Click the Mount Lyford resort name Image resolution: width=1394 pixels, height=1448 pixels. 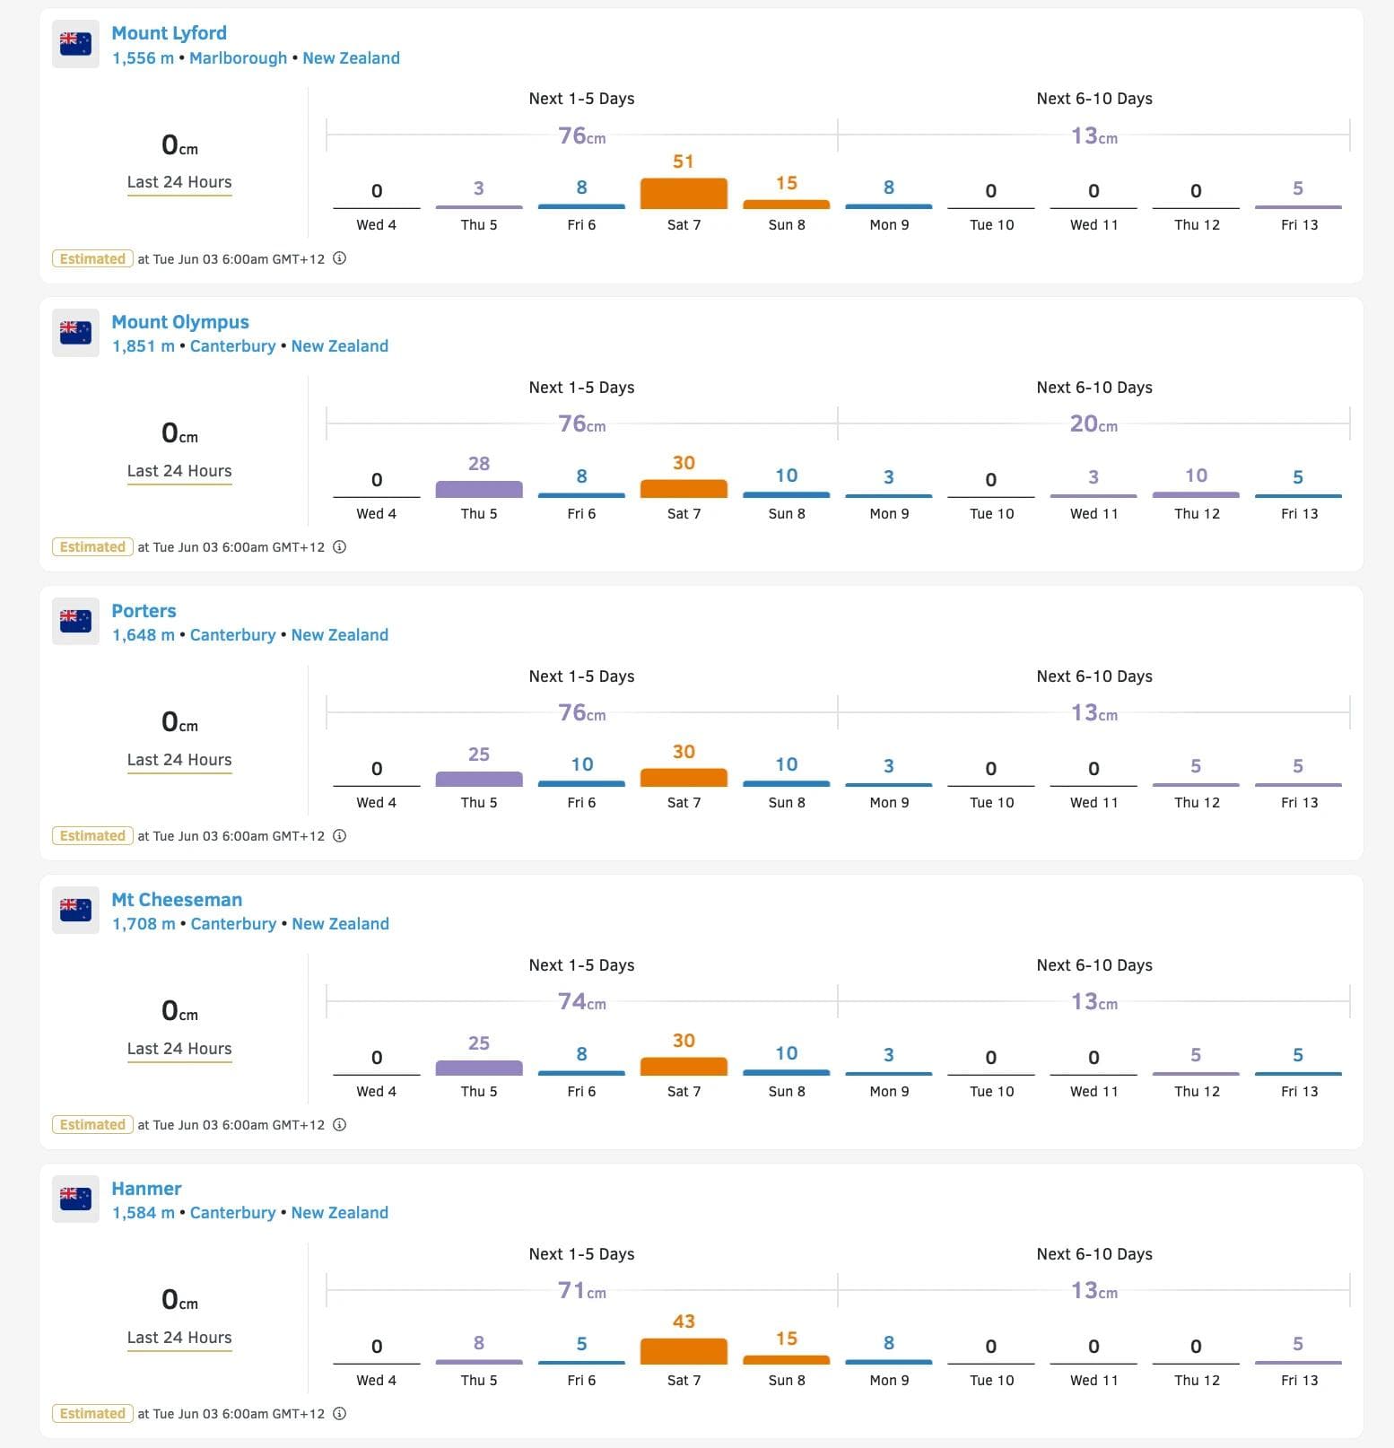(169, 33)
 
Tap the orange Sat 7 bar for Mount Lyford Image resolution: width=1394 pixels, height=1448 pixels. (684, 194)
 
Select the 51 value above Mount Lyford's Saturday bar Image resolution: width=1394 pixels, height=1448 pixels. (684, 161)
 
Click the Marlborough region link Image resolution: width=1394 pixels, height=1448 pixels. (238, 58)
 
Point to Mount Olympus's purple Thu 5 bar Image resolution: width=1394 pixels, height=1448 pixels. (479, 489)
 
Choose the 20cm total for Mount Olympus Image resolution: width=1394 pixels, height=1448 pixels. (1093, 424)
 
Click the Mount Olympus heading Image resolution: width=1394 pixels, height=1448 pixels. (180, 322)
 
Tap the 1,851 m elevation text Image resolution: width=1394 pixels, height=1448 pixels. (144, 346)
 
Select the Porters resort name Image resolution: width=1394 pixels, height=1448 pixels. (144, 611)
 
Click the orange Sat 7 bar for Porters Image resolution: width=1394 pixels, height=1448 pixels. (684, 778)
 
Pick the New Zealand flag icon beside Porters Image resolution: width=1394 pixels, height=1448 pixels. (75, 621)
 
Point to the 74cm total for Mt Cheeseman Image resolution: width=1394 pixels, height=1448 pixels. (581, 1002)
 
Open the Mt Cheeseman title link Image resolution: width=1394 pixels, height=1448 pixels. (177, 900)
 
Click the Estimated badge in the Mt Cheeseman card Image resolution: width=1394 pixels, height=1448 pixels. (92, 1125)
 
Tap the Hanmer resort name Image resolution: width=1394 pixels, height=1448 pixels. (146, 1189)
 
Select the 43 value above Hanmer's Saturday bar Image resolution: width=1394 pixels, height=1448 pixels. (684, 1322)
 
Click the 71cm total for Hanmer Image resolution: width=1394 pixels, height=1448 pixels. (581, 1291)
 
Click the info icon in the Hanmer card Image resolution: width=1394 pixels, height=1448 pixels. (340, 1414)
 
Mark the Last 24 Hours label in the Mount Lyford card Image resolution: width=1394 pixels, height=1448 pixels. (179, 182)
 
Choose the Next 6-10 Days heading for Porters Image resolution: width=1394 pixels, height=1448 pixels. (1094, 676)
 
